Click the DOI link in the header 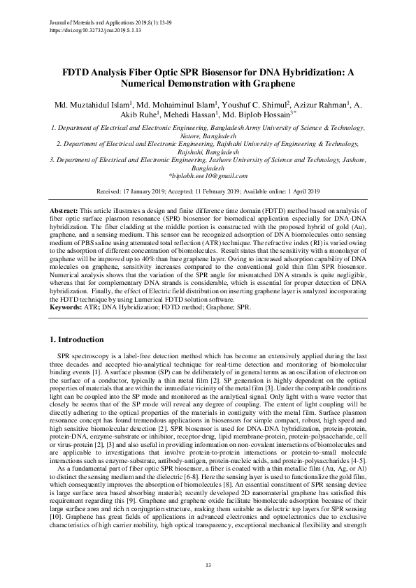coord(96,31)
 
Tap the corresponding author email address coord(208,177)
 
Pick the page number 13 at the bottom coord(208,564)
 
